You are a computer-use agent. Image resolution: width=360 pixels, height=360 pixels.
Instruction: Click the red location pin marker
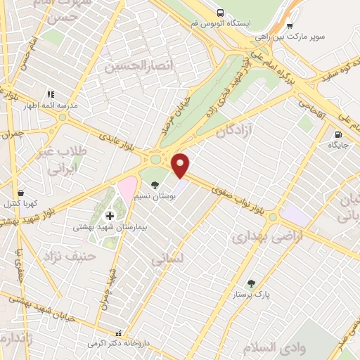click(x=181, y=165)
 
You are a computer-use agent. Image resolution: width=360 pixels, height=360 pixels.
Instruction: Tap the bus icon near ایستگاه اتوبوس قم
click(x=221, y=13)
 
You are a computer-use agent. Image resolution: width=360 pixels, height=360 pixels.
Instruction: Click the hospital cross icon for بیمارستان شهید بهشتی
click(x=109, y=215)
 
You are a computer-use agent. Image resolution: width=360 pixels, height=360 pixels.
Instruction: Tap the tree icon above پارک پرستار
click(x=251, y=284)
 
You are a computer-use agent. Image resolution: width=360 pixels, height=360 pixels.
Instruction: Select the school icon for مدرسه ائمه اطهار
click(x=50, y=93)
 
